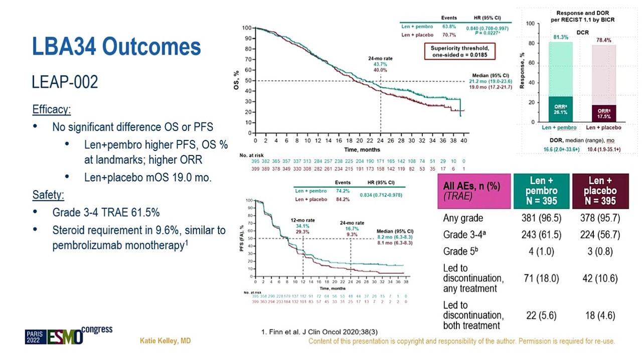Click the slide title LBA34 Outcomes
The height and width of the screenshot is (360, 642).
(x=116, y=47)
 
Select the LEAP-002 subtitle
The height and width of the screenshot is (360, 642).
(x=65, y=82)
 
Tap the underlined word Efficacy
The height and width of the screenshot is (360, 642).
(x=52, y=109)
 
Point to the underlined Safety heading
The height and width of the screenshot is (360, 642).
(x=48, y=195)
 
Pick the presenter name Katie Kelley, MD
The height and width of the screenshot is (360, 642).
(x=165, y=341)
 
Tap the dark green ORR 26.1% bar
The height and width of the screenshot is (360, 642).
(x=560, y=109)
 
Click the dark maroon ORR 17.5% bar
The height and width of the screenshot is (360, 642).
(x=604, y=113)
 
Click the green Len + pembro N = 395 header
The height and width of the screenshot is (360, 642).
(x=541, y=191)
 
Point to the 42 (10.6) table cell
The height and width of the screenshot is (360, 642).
(x=600, y=278)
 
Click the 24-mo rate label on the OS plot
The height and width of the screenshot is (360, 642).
(x=380, y=59)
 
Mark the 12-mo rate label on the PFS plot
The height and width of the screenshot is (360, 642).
(x=302, y=221)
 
